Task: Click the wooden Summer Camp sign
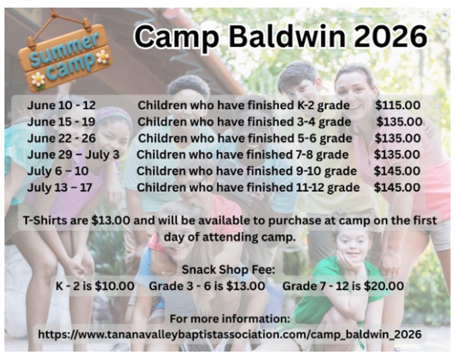[x=65, y=55]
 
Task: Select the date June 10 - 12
[x=62, y=105]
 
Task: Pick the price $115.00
[x=397, y=105]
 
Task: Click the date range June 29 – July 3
[x=73, y=154]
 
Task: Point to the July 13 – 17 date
[x=60, y=187]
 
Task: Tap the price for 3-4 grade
[x=399, y=121]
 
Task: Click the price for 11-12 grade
[x=397, y=187]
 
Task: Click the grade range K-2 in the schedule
[x=305, y=105]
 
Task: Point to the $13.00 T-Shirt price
[x=110, y=220]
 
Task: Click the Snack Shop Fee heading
[x=229, y=269]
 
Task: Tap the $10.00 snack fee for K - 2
[x=115, y=286]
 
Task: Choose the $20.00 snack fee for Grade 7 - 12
[x=384, y=286]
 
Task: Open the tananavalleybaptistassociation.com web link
[x=230, y=334]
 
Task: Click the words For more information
[x=230, y=319]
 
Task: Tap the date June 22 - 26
[x=62, y=138]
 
